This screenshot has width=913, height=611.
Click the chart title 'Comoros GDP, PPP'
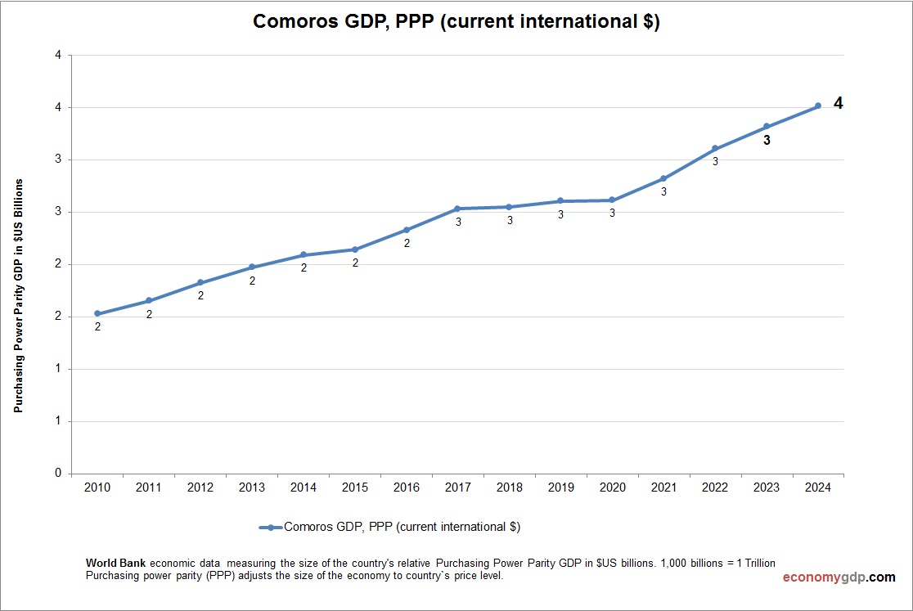click(456, 22)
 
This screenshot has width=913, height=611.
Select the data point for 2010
click(97, 313)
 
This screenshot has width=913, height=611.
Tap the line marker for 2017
click(458, 209)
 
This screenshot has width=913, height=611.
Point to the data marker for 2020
click(612, 200)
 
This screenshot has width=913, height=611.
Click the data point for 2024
click(817, 106)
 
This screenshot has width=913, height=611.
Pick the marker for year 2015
click(355, 249)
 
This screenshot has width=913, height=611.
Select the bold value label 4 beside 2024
click(838, 104)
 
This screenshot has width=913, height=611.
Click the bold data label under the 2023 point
click(767, 141)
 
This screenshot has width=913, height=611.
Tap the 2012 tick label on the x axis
click(200, 487)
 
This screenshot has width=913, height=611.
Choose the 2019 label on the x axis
click(560, 487)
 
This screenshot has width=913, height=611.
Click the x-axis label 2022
click(715, 487)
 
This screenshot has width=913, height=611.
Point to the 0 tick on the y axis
click(58, 474)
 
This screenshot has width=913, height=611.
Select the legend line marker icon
click(270, 528)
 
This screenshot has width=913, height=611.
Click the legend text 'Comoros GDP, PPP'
click(402, 528)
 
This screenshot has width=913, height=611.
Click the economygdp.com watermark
click(839, 577)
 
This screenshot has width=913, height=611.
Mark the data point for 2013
click(252, 267)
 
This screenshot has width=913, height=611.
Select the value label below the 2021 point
click(663, 191)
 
